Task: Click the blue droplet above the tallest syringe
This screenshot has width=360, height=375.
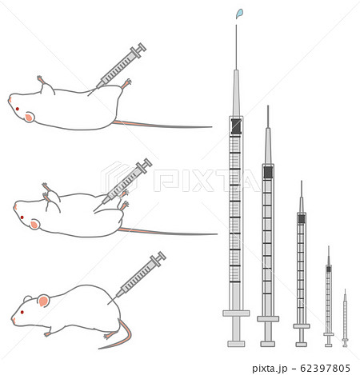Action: pos(239,14)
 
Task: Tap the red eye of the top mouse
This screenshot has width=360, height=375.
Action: pos(18,109)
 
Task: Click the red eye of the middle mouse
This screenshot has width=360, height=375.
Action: pos(22,217)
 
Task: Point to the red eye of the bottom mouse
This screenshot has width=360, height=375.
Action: pos(22,312)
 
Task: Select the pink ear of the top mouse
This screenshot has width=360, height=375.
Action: pos(29,117)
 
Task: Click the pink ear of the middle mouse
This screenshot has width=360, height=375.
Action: pos(34,225)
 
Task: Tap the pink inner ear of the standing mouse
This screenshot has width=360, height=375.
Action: pos(43,301)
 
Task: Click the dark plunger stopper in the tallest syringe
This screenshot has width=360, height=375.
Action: pos(236,126)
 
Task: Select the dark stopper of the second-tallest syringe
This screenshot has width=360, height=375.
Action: pos(268,172)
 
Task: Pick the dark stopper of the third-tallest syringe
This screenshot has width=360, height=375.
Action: pos(302,219)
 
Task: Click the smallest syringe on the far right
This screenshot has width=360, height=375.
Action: pos(345,318)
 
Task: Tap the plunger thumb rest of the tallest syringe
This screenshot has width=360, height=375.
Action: pos(236,344)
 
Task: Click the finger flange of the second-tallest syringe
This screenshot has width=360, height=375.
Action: pos(268,319)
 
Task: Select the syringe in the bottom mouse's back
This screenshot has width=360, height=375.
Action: pos(138,277)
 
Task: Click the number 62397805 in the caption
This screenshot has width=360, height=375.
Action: pos(325,369)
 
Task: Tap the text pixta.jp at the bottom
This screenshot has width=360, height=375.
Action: pos(270,369)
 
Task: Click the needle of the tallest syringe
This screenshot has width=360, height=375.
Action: pos(236,47)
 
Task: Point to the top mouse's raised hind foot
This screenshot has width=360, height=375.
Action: pos(126,83)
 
